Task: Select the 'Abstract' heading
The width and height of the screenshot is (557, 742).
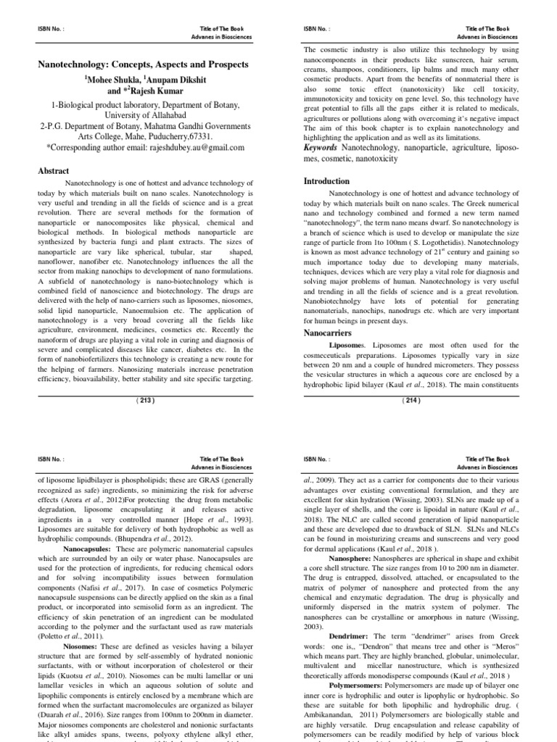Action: pyautogui.click(x=54, y=170)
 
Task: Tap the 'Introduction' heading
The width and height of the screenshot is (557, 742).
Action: pyautogui.click(x=326, y=181)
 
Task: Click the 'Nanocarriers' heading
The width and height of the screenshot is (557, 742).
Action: pyautogui.click(x=329, y=333)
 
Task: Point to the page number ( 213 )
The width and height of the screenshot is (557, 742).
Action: pyautogui.click(x=146, y=399)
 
